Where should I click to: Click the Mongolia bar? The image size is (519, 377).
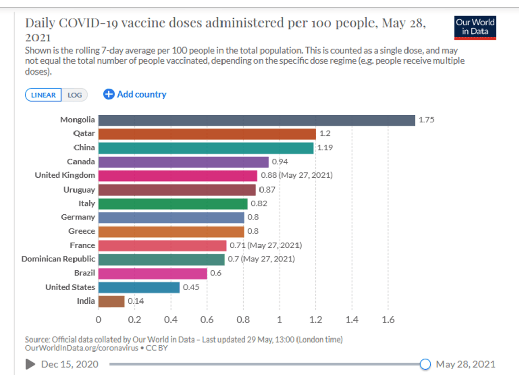click(x=256, y=120)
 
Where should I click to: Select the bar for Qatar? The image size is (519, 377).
click(x=207, y=134)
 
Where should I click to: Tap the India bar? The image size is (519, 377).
click(x=111, y=301)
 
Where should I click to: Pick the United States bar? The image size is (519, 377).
click(x=139, y=287)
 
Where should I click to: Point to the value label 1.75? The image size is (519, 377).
click(x=426, y=120)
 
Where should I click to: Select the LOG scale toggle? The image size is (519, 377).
click(x=75, y=95)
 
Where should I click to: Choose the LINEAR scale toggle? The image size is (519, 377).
click(x=44, y=95)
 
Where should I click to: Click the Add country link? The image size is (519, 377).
click(x=135, y=94)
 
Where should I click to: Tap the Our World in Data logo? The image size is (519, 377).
click(x=475, y=27)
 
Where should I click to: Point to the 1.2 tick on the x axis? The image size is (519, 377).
click(x=316, y=320)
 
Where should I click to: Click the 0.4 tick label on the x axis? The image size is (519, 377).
click(x=171, y=320)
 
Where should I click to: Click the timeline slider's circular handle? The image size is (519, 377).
click(x=425, y=364)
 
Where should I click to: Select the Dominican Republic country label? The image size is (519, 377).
click(x=58, y=259)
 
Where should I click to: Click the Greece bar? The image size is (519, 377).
click(x=171, y=231)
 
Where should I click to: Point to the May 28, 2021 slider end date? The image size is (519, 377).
click(x=465, y=364)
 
